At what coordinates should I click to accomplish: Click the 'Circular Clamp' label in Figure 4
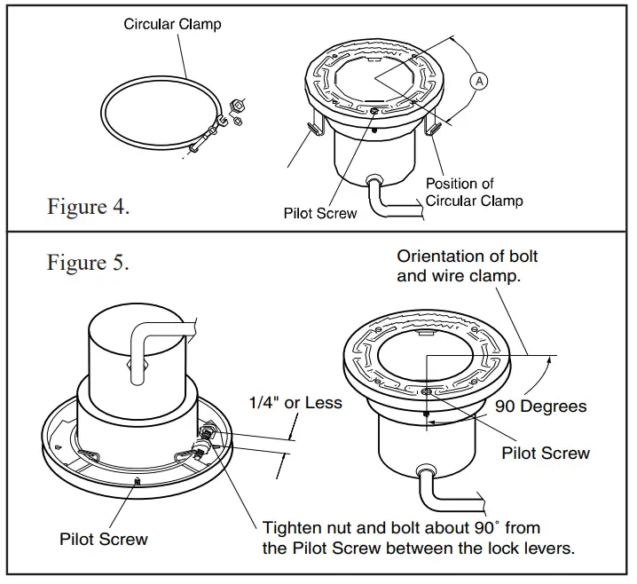[172, 24]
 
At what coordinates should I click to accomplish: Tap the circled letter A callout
[478, 81]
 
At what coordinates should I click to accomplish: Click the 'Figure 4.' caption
[89, 207]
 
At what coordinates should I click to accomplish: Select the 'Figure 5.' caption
[89, 263]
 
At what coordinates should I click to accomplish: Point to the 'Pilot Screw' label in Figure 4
[320, 213]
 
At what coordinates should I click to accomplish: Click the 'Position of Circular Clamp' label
[474, 192]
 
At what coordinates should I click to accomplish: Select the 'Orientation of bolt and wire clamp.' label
[468, 265]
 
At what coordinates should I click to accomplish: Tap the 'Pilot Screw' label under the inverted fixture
[104, 538]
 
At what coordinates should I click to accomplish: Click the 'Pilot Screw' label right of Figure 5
[546, 453]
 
